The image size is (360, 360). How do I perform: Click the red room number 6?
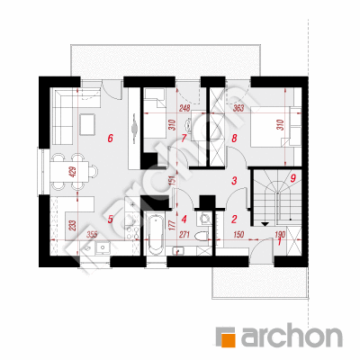tap(110, 139)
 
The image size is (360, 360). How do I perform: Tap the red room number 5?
tap(110, 220)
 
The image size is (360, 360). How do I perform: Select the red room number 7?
tap(184, 139)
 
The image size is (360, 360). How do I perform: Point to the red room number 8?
tap(234, 139)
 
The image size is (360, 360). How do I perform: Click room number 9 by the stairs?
tap(293, 178)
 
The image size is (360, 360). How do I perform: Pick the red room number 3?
tap(234, 181)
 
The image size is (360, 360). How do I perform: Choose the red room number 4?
tap(184, 220)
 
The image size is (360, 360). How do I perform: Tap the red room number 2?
tap(234, 220)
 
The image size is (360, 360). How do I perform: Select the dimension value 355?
tap(91, 235)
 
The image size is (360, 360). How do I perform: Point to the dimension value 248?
tap(185, 108)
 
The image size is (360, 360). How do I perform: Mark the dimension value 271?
tap(184, 235)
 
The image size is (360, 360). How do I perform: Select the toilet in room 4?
tap(202, 236)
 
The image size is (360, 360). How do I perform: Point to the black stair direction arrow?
tap(265, 224)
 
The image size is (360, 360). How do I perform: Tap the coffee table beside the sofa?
tap(87, 125)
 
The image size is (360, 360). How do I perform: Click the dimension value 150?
tap(238, 235)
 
